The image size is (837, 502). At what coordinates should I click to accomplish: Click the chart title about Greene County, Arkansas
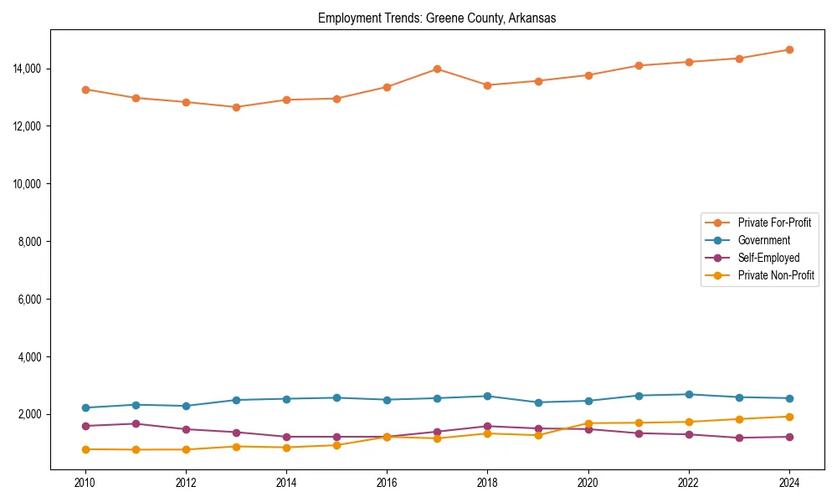(437, 18)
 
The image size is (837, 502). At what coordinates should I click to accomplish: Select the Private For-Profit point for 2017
(438, 69)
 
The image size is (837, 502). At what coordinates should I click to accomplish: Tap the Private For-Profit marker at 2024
(789, 49)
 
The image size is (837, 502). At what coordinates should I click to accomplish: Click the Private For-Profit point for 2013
(236, 107)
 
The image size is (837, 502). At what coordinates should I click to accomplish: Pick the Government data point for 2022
(689, 394)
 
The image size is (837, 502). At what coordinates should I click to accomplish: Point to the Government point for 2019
(538, 402)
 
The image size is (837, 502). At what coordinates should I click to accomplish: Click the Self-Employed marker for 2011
(136, 423)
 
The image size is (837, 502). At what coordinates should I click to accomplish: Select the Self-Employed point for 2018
(488, 426)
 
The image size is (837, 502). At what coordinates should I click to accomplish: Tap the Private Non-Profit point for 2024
(789, 417)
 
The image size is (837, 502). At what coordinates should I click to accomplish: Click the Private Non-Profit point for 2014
(286, 448)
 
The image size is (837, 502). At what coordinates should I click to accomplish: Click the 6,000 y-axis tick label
(32, 299)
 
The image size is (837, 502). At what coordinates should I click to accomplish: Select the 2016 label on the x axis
(387, 482)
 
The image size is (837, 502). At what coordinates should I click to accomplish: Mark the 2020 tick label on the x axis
(588, 482)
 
